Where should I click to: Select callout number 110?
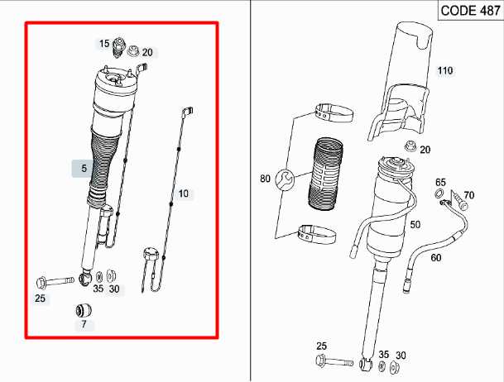(445, 71)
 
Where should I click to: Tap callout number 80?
(265, 178)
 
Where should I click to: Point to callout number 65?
(440, 182)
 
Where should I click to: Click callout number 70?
(468, 195)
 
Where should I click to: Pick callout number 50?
(415, 224)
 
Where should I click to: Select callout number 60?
(435, 258)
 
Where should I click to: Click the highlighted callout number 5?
(84, 168)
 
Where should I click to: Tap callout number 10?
(184, 193)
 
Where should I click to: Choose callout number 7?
(84, 324)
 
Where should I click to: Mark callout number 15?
(104, 43)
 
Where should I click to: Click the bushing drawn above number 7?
(84, 310)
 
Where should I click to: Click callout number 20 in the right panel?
(425, 150)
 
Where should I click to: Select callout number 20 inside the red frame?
(146, 52)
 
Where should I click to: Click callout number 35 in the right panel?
(384, 355)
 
